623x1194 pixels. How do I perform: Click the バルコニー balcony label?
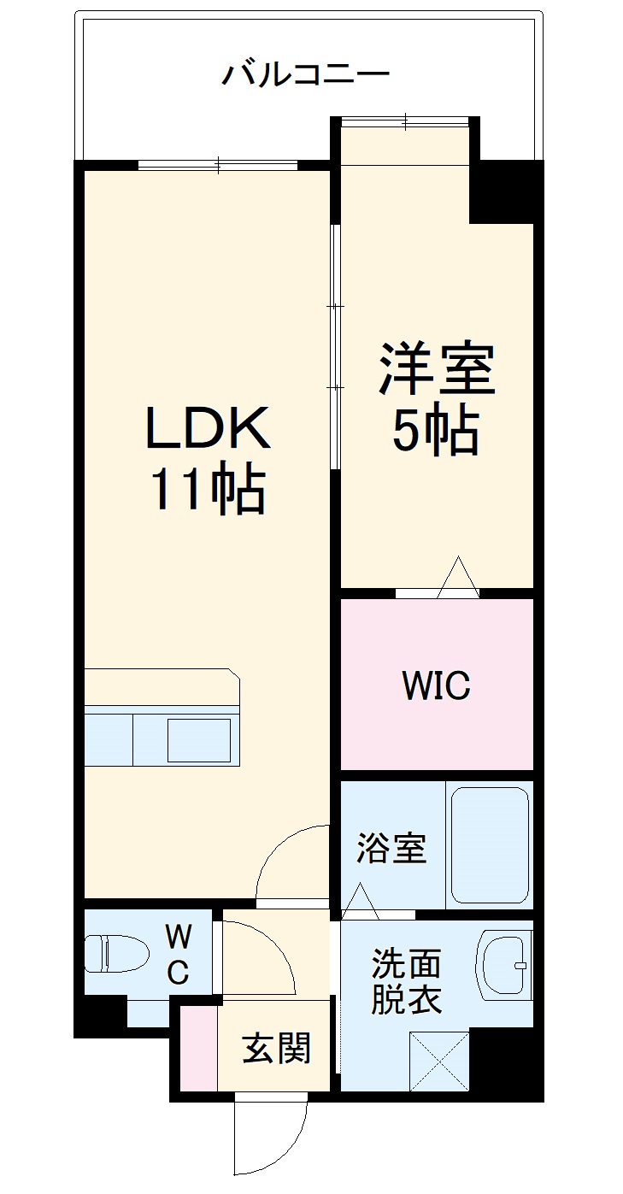(x=306, y=74)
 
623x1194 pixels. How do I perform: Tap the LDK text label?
(x=208, y=427)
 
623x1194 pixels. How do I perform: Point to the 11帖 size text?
(x=208, y=490)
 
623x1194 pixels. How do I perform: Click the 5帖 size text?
(x=435, y=431)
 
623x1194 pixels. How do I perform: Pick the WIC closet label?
(x=436, y=685)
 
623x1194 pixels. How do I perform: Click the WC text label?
(x=178, y=956)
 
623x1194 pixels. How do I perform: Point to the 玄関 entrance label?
(x=276, y=1048)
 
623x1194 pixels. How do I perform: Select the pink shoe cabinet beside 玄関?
(x=198, y=1048)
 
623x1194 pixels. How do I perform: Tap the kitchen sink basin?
(x=198, y=739)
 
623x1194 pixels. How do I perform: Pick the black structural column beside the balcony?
(x=505, y=191)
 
